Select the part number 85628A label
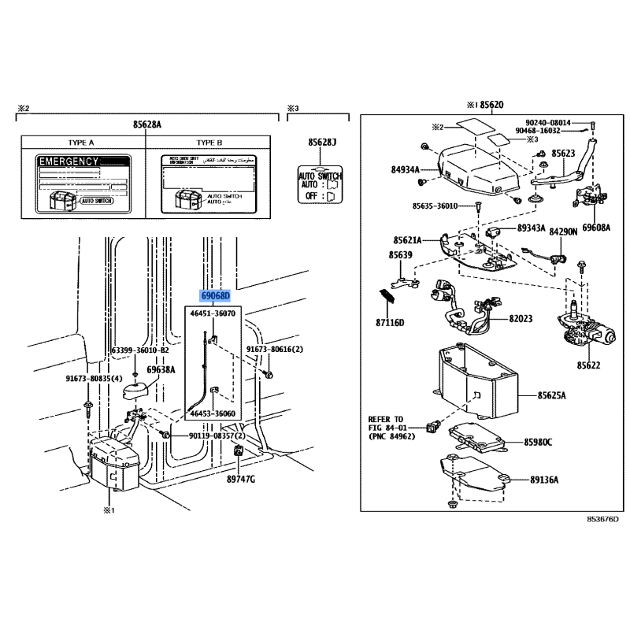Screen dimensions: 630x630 click(x=147, y=124)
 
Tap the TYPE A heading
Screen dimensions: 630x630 click(x=81, y=143)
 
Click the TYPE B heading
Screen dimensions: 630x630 click(x=209, y=143)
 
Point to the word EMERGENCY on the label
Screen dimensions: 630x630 click(x=69, y=161)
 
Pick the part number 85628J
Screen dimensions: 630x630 click(x=322, y=142)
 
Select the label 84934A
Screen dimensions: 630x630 click(x=406, y=168)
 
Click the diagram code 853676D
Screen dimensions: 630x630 click(x=602, y=519)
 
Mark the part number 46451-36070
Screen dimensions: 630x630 click(x=213, y=313)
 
